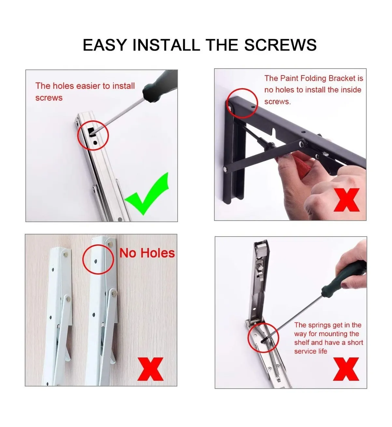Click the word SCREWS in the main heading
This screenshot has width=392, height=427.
280,45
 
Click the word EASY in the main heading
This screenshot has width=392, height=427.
105,45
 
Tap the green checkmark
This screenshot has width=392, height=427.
147,194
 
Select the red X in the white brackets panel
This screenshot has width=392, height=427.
150,369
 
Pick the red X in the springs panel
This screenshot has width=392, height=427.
346,369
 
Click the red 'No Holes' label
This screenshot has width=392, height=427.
147,253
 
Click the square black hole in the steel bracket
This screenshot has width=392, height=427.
92,132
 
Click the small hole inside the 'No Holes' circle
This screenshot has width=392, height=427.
95,261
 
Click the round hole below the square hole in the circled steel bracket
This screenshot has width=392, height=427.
95,143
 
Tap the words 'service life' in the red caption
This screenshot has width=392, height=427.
310,351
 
